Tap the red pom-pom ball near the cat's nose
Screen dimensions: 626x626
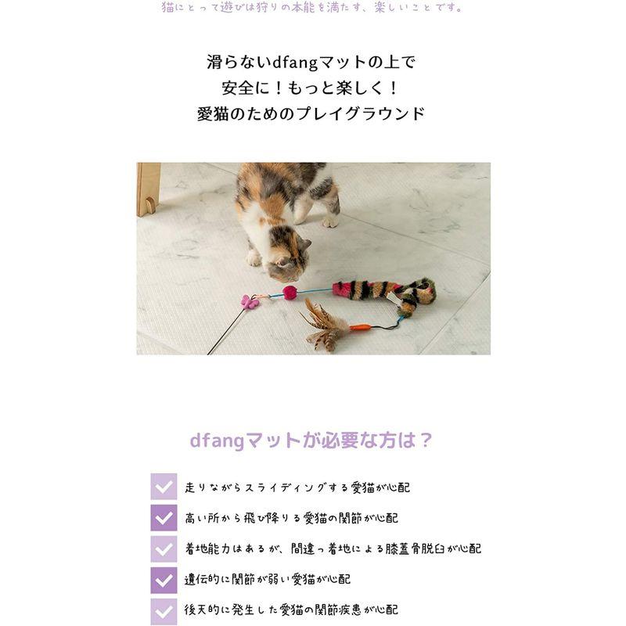coord(290,292)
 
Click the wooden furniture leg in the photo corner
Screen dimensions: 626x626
coord(149,188)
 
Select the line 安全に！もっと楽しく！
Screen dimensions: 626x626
coord(312,87)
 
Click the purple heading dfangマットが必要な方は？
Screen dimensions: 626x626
coord(311,440)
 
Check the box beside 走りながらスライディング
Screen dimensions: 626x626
coord(164,487)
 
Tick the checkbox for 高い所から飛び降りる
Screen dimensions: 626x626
coord(164,517)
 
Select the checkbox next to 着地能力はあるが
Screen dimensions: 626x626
coord(164,548)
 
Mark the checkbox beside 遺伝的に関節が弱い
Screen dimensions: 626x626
coord(164,579)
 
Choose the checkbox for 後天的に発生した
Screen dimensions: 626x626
coord(164,610)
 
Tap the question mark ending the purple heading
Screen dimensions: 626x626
coord(425,440)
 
